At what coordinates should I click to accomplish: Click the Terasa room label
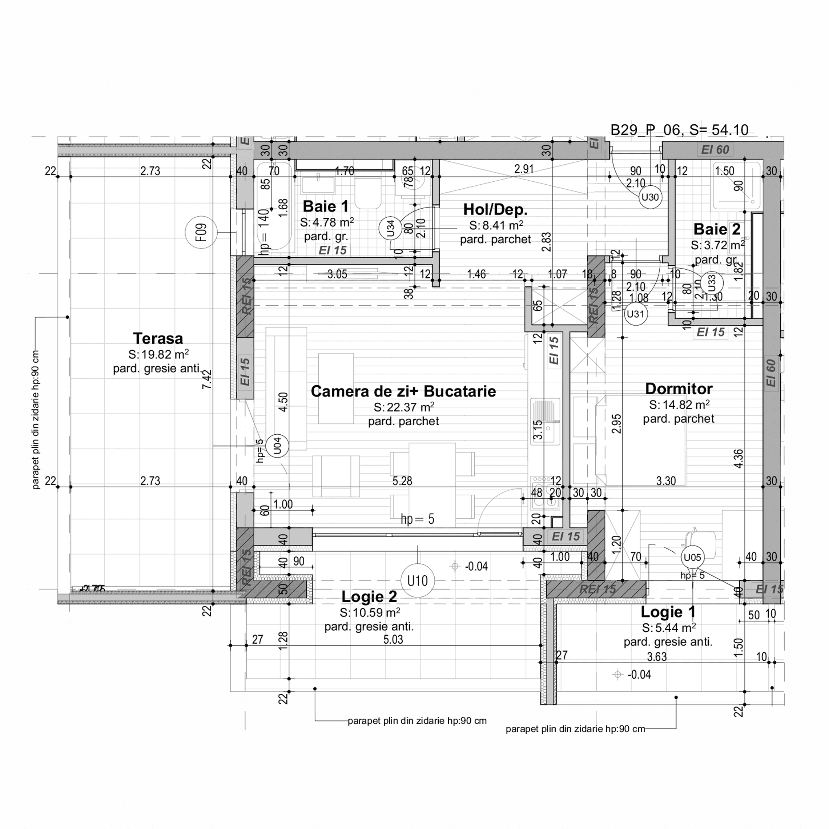tap(158, 339)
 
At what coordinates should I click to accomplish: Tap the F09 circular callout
tap(201, 233)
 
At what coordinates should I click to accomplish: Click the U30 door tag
tap(650, 197)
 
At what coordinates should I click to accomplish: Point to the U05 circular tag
tap(692, 558)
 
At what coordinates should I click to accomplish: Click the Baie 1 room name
tap(326, 206)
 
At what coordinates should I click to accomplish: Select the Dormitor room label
tap(679, 389)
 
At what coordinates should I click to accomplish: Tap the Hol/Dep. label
tap(495, 209)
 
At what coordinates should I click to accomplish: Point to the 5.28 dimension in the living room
tap(402, 481)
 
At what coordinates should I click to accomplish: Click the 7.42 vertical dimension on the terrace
tap(207, 379)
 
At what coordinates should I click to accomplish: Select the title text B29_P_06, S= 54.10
tap(679, 130)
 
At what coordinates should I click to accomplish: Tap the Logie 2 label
tap(369, 596)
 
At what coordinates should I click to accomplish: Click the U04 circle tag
tap(277, 446)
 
